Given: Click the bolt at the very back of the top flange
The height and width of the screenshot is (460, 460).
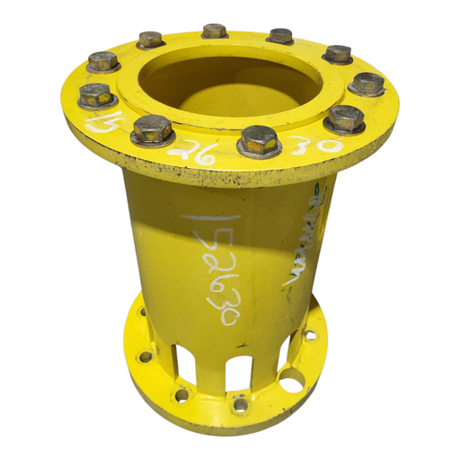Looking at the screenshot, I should click(214, 31).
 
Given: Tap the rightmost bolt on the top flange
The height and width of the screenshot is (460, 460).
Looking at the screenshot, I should click(367, 84).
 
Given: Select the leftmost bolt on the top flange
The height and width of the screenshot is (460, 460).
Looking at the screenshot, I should click(95, 94).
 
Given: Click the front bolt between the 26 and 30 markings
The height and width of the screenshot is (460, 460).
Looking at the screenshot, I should click(259, 139).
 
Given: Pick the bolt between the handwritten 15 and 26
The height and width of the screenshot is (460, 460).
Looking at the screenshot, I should click(152, 130).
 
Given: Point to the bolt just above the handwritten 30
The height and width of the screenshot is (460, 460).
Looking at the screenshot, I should click(344, 118).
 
